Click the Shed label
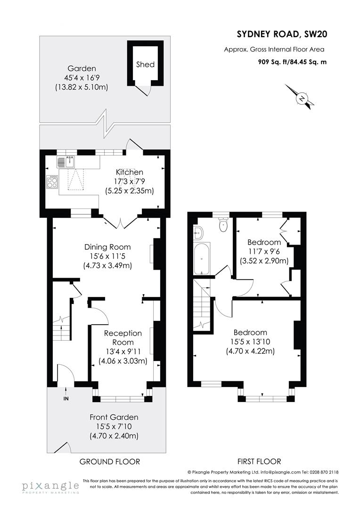point(145,65)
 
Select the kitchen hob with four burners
point(52,181)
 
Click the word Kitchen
point(130,172)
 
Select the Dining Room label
point(107,247)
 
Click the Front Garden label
point(114,417)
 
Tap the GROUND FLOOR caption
point(109,461)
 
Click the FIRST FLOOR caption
point(260,461)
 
